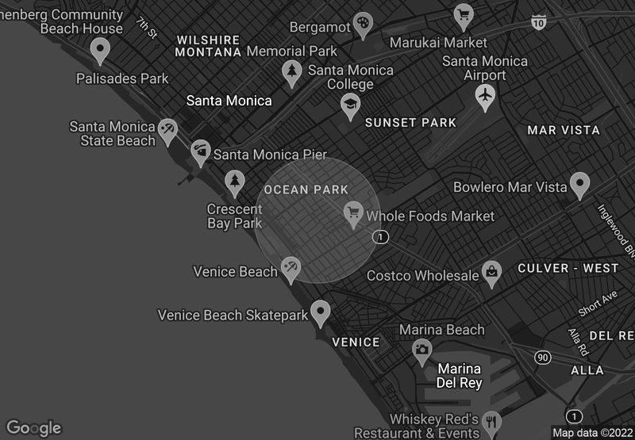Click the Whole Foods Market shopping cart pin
tap(353, 212)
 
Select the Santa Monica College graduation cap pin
tap(350, 105)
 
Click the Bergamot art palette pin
tap(362, 23)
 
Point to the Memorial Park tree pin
tap(292, 72)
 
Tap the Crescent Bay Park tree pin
tap(234, 182)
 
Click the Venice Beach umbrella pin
tap(291, 269)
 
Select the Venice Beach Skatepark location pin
tap(321, 312)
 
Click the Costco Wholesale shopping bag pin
tap(492, 274)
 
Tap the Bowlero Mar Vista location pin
tap(580, 185)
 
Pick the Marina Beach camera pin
tap(422, 349)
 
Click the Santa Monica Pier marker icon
tap(201, 151)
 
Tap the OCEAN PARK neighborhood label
tap(306, 189)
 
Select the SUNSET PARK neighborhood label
tap(410, 123)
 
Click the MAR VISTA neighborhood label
tap(564, 130)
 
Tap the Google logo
tap(33, 428)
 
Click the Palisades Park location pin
tap(99, 51)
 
